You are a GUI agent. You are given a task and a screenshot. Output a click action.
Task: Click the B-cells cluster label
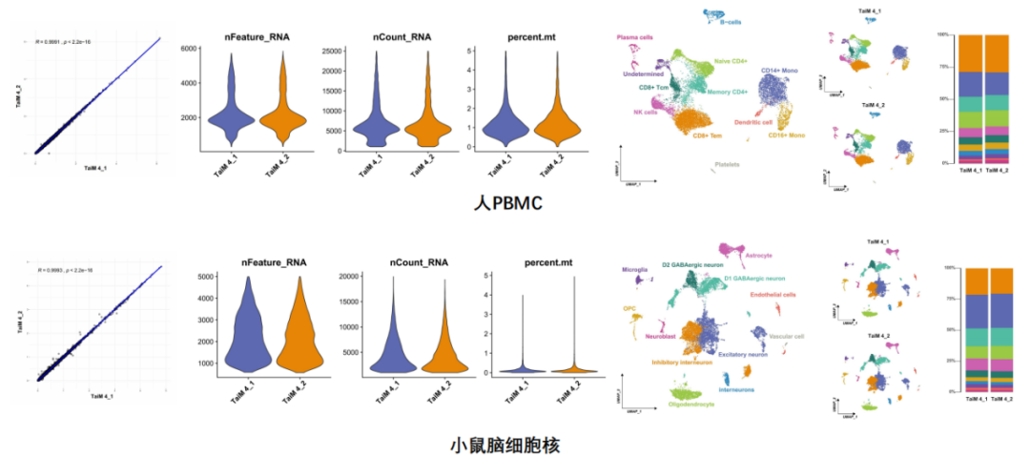click(732, 20)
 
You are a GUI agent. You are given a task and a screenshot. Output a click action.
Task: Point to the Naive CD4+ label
click(731, 61)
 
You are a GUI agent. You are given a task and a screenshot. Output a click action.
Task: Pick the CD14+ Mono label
click(780, 71)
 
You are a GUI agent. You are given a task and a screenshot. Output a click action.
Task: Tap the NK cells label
click(645, 112)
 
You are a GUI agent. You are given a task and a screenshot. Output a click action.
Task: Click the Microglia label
click(635, 270)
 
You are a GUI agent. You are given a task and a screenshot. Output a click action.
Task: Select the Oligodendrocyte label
click(701, 403)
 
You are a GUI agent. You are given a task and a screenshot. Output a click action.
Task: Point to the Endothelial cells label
click(772, 294)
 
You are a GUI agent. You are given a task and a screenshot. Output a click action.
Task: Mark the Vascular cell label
click(787, 336)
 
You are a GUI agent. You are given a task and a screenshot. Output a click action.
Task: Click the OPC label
click(629, 308)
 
